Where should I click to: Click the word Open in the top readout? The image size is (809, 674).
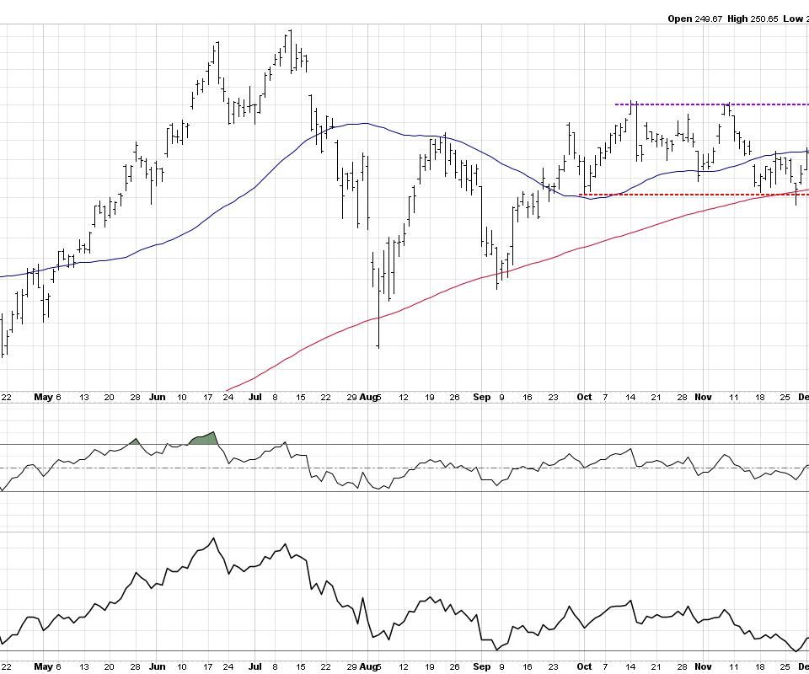pos(680,19)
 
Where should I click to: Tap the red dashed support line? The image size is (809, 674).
pos(674,195)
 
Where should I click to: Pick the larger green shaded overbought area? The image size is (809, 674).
pos(205,439)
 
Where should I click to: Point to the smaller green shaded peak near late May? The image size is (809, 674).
pos(135,441)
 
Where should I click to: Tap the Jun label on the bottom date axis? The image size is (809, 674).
pos(158,397)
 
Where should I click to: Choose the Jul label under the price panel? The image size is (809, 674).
pos(254,397)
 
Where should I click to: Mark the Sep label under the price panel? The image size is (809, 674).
pos(481,397)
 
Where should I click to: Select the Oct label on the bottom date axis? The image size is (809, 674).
pos(583,397)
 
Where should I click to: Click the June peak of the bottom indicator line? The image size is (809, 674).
pos(213,538)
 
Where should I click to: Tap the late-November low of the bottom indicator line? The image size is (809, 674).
pos(796,650)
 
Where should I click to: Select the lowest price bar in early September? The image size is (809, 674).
pos(497,278)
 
